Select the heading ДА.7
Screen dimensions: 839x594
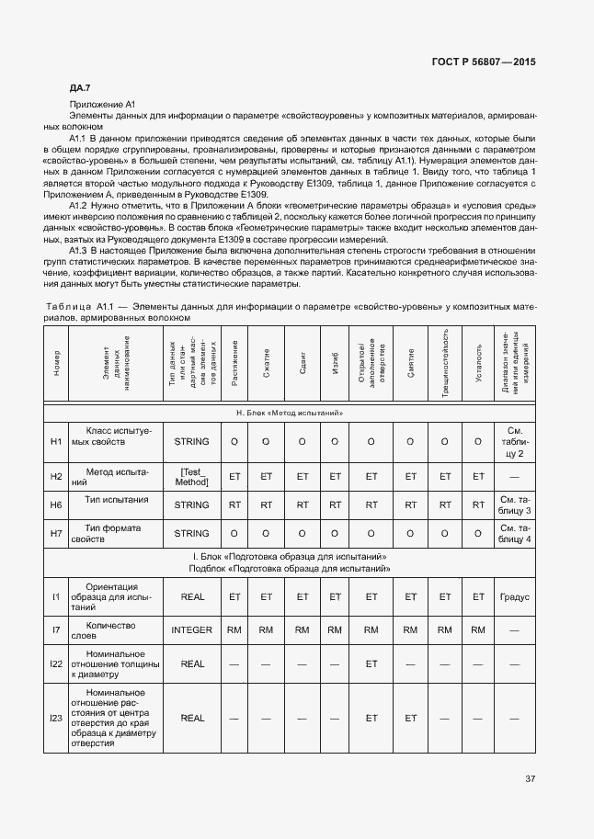point(79,88)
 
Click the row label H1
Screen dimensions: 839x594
point(56,442)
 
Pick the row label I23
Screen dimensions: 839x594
point(56,718)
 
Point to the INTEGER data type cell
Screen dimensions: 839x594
point(191,629)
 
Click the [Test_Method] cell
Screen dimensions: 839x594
point(191,476)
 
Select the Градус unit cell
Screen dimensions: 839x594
point(514,596)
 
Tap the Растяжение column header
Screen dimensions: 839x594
point(234,361)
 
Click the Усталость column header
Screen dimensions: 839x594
point(478,361)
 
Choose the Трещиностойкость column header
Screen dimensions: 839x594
point(445,361)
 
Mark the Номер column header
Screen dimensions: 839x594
point(56,361)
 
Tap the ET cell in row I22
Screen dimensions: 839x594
point(371,663)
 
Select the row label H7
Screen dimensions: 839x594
point(56,533)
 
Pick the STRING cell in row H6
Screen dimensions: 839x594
point(191,504)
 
